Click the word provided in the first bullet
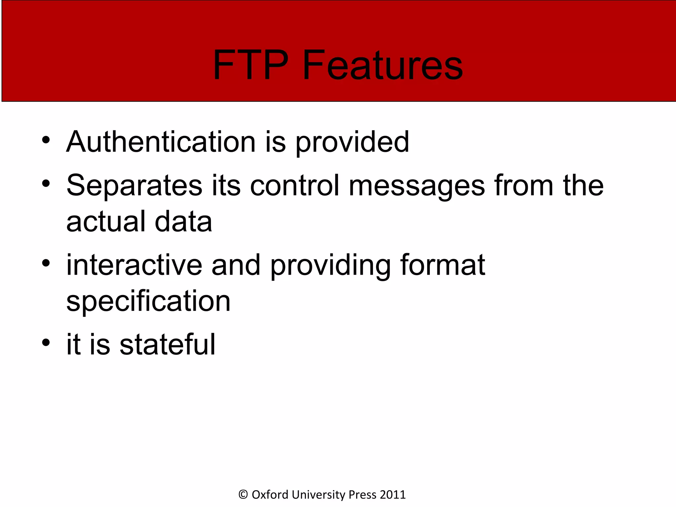coord(352,143)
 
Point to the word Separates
coord(134,186)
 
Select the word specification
coord(149,302)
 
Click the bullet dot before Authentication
coord(46,140)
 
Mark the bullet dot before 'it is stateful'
coord(46,343)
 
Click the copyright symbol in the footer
coord(243,494)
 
